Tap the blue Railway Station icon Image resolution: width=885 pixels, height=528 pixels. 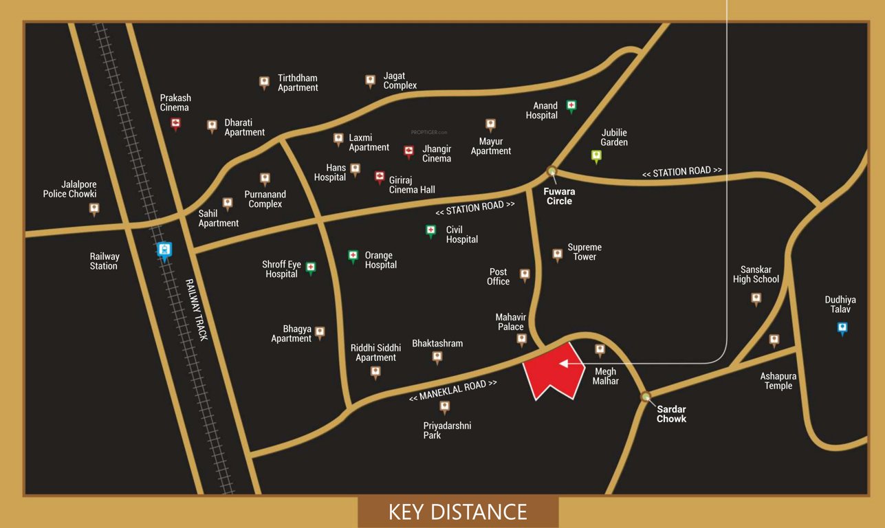(164, 250)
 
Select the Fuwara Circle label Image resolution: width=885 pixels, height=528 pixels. (558, 196)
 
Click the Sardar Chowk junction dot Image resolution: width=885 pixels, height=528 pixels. (645, 396)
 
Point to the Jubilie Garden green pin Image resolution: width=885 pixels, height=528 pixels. (596, 156)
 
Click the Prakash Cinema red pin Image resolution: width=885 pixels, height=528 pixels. (175, 123)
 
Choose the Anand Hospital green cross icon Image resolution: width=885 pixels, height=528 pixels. (571, 105)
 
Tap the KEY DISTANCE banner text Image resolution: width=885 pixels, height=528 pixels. (457, 512)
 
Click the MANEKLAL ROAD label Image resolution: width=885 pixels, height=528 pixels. (452, 390)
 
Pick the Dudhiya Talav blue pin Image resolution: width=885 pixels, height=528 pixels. (842, 328)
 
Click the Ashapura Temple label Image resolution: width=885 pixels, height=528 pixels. (776, 381)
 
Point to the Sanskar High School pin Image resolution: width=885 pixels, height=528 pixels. (756, 298)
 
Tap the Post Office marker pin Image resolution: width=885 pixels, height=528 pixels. (525, 275)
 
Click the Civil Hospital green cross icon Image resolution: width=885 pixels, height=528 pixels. (430, 230)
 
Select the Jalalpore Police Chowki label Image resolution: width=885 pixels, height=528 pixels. (69, 189)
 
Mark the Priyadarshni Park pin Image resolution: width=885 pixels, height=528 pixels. (444, 407)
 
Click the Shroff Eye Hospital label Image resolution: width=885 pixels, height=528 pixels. (281, 269)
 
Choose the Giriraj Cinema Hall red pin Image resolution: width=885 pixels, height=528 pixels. (379, 177)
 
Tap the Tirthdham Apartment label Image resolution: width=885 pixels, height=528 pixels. (298, 82)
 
